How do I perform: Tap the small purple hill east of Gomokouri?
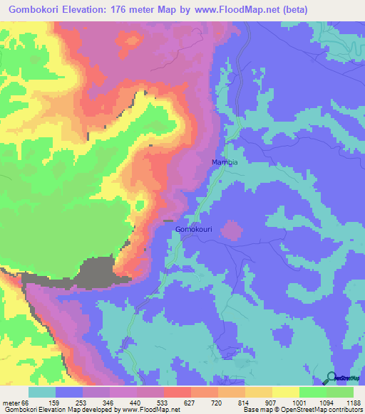[230, 230]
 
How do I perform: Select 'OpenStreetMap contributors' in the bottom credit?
[324, 410]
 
